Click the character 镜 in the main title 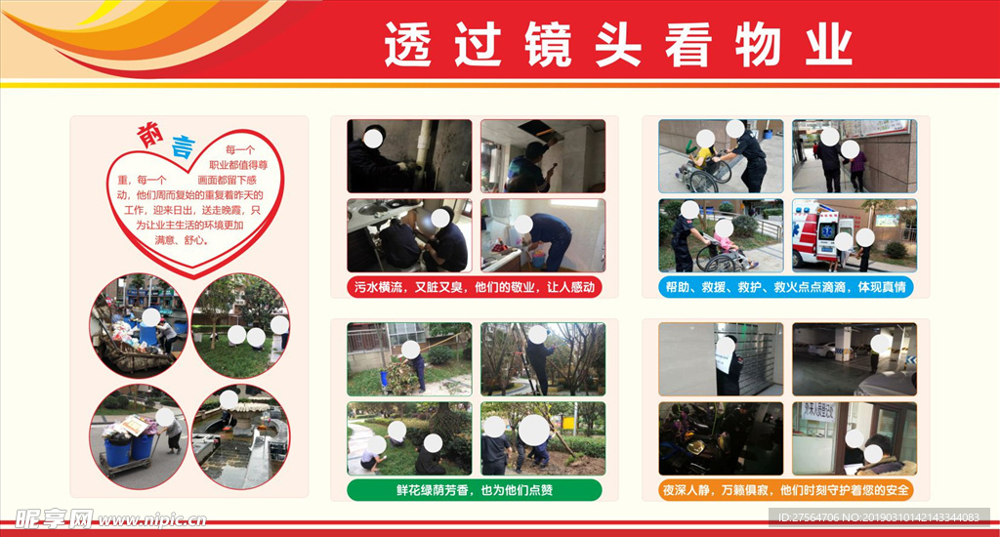click(x=549, y=46)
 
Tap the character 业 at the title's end click(x=828, y=46)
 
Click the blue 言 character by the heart click(x=181, y=148)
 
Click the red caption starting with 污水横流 click(x=476, y=287)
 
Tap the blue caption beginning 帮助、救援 click(x=787, y=287)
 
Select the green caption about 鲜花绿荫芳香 click(x=476, y=489)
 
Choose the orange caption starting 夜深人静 click(x=787, y=489)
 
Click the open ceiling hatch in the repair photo click(x=536, y=129)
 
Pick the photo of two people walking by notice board click(x=854, y=156)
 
